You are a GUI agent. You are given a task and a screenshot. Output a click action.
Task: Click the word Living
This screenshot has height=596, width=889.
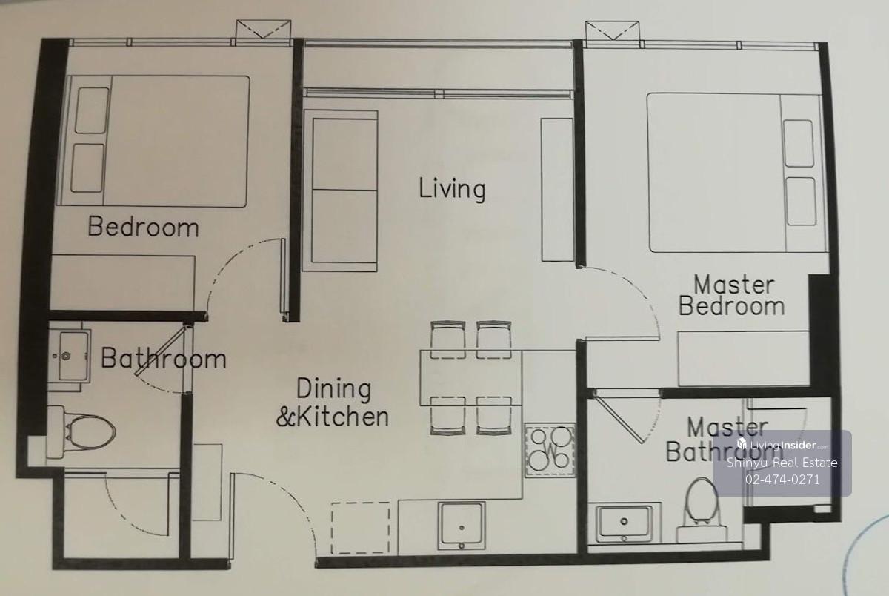tap(452, 190)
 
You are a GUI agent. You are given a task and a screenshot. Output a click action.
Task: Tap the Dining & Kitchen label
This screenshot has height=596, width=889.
tap(333, 403)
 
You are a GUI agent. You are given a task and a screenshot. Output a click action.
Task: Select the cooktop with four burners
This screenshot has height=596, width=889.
tap(550, 450)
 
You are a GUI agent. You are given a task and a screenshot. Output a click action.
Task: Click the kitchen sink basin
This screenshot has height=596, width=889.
tap(461, 526)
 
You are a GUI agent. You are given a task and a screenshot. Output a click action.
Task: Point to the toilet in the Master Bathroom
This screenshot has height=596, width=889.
tap(702, 511)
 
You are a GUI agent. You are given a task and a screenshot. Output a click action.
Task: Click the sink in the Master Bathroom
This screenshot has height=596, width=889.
tap(624, 523)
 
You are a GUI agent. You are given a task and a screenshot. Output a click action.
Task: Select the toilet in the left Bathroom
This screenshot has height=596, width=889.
tap(81, 432)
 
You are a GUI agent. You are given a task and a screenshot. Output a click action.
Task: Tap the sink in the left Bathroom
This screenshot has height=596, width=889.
tap(70, 356)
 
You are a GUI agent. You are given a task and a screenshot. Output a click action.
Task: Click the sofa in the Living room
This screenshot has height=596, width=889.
tap(340, 191)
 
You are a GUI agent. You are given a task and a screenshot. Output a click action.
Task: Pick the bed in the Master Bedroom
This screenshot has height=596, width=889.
tap(736, 173)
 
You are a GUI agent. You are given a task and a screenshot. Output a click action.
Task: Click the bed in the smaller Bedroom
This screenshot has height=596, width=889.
tap(153, 141)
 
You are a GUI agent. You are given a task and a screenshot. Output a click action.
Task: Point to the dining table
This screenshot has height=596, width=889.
tap(470, 377)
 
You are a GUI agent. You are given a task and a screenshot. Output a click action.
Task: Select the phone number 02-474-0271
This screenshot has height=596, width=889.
tap(782, 480)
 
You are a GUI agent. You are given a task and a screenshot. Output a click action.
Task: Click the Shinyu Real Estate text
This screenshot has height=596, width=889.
tap(782, 463)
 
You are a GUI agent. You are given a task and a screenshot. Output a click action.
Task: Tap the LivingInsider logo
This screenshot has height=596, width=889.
tap(782, 445)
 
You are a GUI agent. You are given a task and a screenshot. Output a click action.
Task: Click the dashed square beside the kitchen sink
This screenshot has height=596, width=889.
tap(360, 528)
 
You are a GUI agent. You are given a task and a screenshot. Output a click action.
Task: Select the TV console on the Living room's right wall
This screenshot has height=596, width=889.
tap(557, 190)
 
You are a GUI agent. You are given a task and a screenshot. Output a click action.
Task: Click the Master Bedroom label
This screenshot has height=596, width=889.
tap(731, 296)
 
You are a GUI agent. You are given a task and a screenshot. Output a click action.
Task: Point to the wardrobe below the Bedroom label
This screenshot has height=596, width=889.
tap(122, 283)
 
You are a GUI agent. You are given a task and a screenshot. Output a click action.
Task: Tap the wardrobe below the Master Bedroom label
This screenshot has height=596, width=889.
tap(743, 358)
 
